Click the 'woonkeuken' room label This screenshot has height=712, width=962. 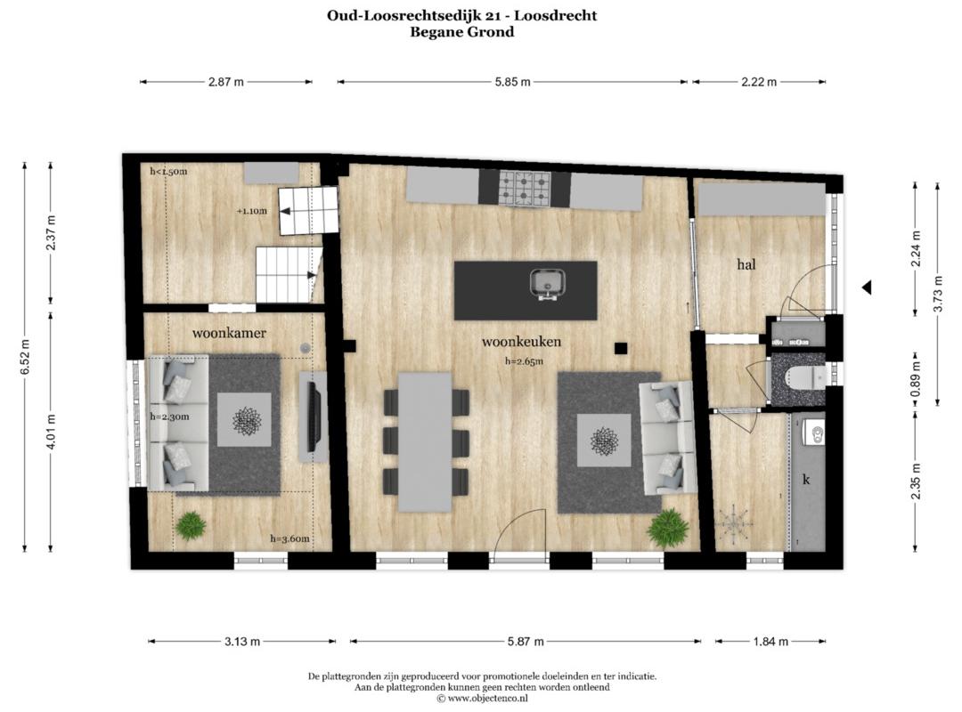(521, 342)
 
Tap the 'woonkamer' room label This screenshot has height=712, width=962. (229, 333)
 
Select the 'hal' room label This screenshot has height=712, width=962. (746, 264)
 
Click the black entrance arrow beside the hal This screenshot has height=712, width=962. (867, 287)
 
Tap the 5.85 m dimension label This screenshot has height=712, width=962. (512, 82)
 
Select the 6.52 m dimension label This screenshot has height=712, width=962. (25, 356)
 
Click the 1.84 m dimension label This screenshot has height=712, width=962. (770, 642)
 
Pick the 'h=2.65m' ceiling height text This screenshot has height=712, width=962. (524, 361)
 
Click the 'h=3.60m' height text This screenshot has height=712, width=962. (289, 539)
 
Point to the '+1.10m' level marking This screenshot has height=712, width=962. (252, 211)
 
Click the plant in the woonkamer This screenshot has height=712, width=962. (191, 526)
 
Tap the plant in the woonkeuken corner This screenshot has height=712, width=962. (667, 527)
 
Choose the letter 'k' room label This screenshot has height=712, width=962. (806, 479)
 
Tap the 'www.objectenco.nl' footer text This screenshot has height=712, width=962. (487, 698)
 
